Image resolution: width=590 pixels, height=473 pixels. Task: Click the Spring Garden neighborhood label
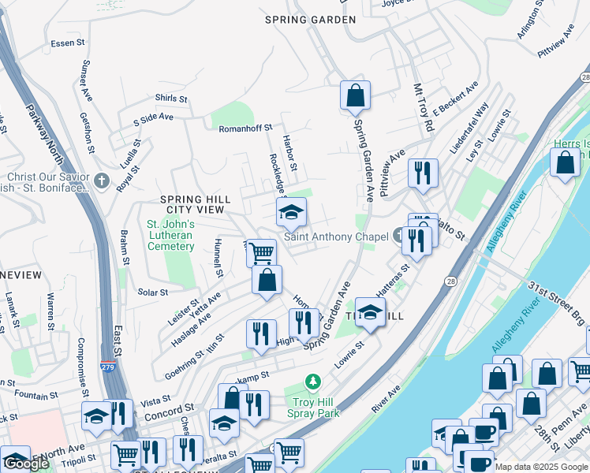(305, 20)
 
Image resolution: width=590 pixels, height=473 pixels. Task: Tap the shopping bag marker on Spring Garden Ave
(355, 95)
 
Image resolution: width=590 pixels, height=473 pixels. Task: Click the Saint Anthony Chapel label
(336, 236)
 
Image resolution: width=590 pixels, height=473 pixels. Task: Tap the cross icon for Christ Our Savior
(101, 181)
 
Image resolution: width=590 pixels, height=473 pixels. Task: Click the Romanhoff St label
(245, 127)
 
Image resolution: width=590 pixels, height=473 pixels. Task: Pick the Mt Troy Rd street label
(424, 108)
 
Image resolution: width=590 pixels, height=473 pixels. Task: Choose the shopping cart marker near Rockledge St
(261, 254)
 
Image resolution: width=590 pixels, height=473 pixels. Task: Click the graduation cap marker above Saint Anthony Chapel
(291, 212)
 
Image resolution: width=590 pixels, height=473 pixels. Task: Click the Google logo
(26, 464)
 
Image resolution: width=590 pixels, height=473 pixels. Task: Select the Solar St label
(153, 292)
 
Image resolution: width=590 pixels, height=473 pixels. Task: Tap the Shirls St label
(171, 99)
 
